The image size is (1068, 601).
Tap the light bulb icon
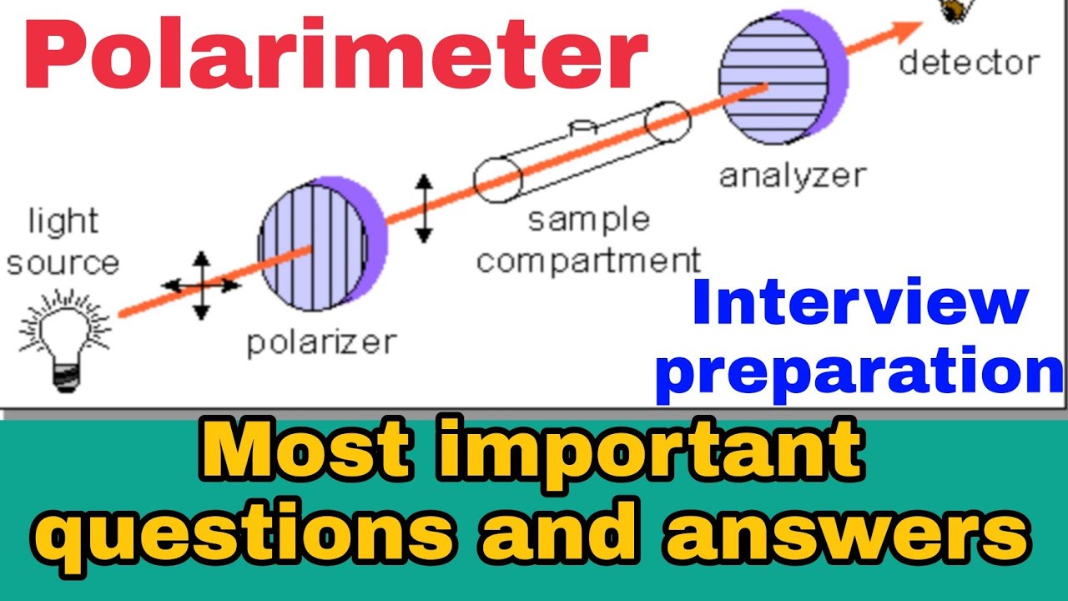point(64,337)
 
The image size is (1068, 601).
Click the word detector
point(969,62)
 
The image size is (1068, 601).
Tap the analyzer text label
point(793,175)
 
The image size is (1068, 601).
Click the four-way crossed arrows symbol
point(201,285)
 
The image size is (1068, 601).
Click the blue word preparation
point(859,372)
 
